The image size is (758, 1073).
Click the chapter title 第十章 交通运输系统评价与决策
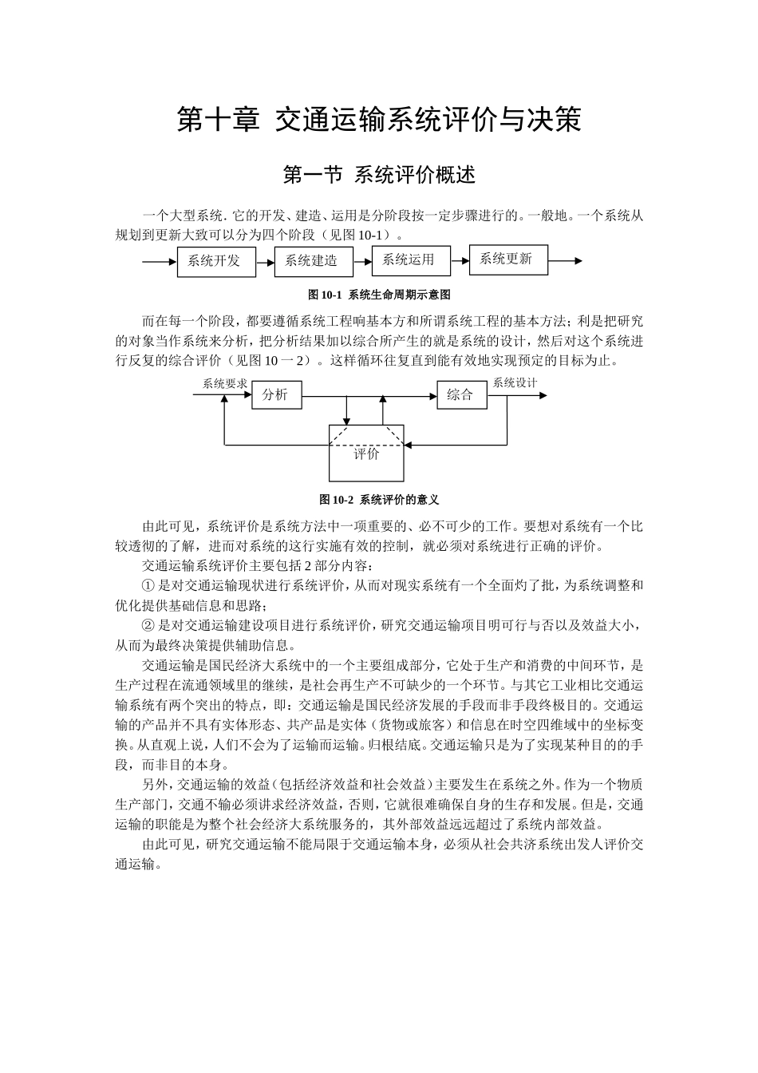coord(379,120)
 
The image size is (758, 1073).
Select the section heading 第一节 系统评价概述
coord(379,174)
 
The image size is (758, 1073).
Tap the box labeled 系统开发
coord(215,261)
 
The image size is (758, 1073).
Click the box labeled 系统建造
coord(313,261)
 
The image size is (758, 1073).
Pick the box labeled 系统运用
coord(410,259)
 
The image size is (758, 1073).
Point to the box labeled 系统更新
coord(507,259)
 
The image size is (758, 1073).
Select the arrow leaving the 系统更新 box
coord(565,260)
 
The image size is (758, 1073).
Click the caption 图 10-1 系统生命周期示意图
coord(379,295)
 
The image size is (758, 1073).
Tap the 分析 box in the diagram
coord(276,395)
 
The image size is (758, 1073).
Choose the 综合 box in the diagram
coord(461,395)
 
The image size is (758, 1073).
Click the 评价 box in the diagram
coord(367,453)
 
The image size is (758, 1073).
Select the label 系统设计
coord(515,382)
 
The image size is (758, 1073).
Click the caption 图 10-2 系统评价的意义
coord(379,500)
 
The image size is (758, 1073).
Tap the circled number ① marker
coord(148,585)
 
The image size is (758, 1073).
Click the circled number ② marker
coord(148,625)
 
